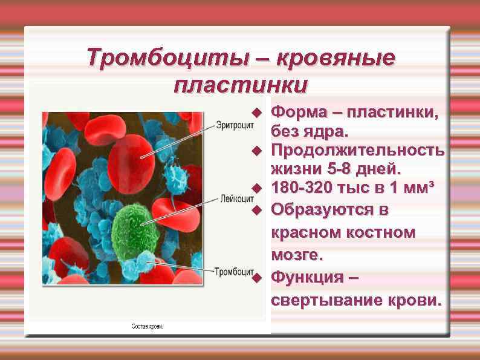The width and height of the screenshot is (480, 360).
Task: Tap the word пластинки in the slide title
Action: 240,84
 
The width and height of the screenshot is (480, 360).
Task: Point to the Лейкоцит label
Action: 235,198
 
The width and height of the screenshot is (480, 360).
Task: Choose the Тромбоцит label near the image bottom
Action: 233,270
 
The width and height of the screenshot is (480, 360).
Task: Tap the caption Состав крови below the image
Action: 148,327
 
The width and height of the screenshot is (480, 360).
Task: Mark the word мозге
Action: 297,255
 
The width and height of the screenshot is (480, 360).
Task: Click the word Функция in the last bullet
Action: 306,277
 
